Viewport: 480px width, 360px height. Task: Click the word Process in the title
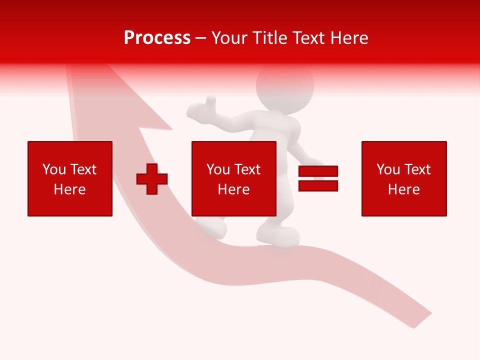tap(157, 38)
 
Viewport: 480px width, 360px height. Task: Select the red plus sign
tap(152, 179)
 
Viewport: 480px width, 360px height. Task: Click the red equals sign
tap(318, 179)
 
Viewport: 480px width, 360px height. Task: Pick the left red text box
tap(70, 178)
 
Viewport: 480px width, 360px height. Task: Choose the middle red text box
tap(233, 178)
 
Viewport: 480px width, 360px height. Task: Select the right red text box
tap(404, 178)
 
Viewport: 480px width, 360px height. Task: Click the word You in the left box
tap(54, 169)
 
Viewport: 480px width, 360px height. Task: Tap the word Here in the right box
tap(404, 189)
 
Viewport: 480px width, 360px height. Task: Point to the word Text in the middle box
tap(247, 169)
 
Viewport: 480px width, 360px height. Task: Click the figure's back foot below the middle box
tap(212, 226)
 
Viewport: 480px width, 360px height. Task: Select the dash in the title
tap(201, 38)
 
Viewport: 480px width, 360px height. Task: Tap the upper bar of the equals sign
tap(318, 171)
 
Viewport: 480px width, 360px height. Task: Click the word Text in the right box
tap(417, 169)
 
